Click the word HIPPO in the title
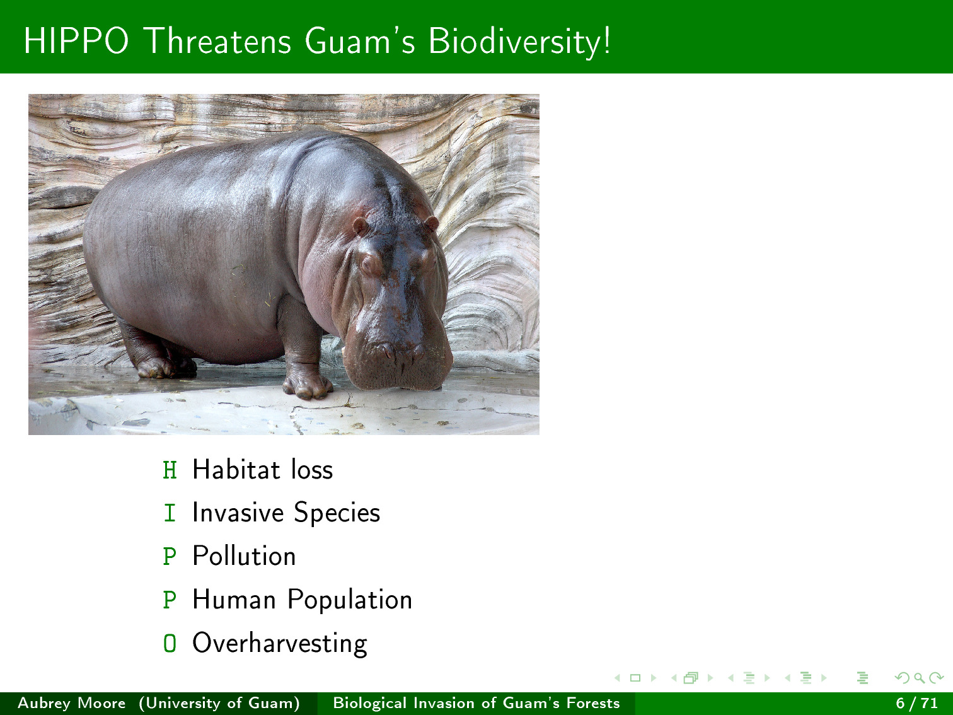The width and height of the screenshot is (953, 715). pos(76,41)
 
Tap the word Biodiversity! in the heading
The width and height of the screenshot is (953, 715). pos(519,42)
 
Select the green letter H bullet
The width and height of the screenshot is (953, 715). pos(170,470)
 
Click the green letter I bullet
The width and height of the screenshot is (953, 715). pos(170,513)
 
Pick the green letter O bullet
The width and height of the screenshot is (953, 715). pos(170,643)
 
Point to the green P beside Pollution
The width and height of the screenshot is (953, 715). pos(170,556)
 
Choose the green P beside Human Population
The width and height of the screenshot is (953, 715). pos(170,600)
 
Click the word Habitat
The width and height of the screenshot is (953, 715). pos(236,469)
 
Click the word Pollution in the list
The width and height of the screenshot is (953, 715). pos(244,556)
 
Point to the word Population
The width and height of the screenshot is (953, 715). pos(350,601)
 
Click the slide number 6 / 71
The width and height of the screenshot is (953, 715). pos(917,703)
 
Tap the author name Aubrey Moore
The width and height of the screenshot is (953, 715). pos(72,703)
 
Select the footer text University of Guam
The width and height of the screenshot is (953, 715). pos(220,703)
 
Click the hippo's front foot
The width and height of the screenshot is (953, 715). pos(307,385)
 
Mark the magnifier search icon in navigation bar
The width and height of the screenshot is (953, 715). pos(919,678)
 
